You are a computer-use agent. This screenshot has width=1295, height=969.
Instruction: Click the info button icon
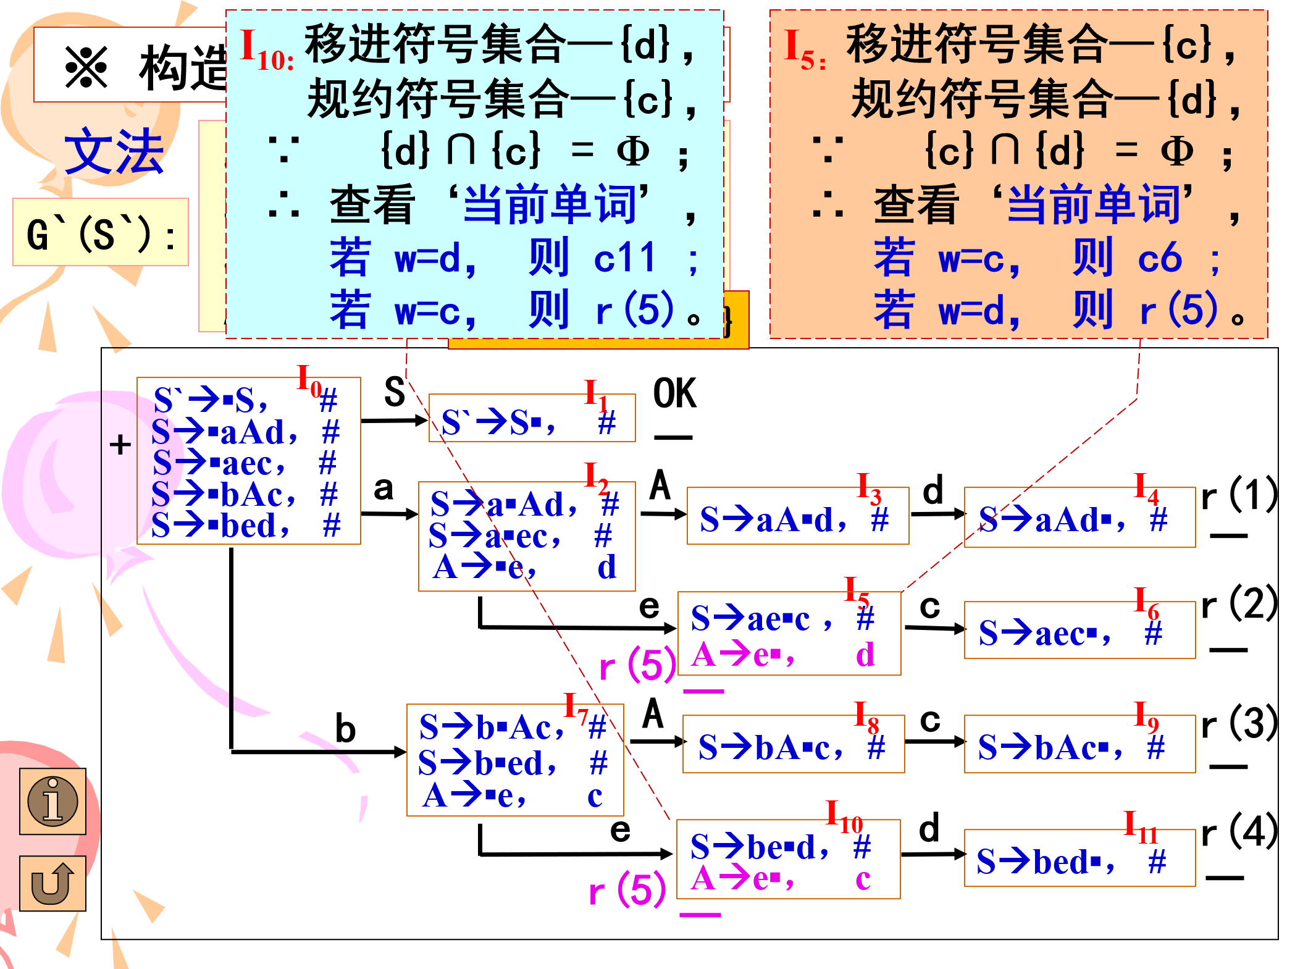point(52,801)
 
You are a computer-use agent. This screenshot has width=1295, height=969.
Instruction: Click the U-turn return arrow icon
point(52,883)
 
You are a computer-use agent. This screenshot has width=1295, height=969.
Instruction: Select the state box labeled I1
point(532,418)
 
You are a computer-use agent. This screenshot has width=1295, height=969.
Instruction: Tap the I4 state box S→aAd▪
point(1079,518)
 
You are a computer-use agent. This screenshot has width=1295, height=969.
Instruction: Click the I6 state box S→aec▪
point(1079,631)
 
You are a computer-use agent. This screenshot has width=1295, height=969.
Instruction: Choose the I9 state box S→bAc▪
point(1079,744)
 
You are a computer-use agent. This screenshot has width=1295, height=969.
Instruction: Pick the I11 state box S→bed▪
point(1079,858)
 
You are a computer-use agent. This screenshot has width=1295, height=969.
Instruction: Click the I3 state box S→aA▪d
point(797,516)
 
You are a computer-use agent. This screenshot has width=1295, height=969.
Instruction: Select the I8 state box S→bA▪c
point(793,744)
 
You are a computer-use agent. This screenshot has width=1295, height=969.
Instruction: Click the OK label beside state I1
point(674,393)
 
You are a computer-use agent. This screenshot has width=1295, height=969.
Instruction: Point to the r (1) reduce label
point(1238,495)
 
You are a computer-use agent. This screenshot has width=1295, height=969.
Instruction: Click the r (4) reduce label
point(1238,832)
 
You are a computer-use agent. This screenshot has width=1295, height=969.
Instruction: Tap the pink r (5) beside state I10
point(627,891)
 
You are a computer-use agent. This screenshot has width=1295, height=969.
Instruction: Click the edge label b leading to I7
point(345,729)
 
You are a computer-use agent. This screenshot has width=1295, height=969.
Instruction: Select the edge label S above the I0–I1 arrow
point(394,392)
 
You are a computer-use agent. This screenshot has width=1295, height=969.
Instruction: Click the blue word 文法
point(114,152)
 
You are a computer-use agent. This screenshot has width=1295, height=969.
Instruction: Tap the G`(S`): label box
point(101,233)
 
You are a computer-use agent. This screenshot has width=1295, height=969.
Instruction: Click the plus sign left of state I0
point(120,445)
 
